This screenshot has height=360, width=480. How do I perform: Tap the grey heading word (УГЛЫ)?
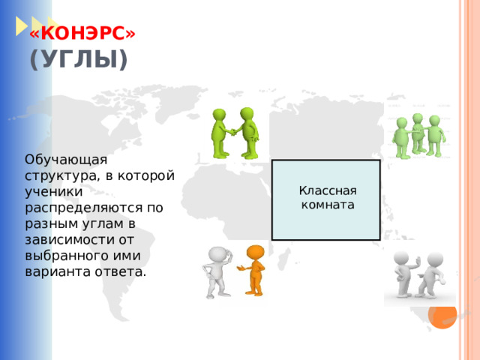click(x=78, y=59)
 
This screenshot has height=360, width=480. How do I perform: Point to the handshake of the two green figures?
click(x=234, y=132)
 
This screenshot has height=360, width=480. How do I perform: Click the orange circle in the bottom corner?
click(x=442, y=314)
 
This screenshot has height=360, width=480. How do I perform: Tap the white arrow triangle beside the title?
click(x=20, y=26)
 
